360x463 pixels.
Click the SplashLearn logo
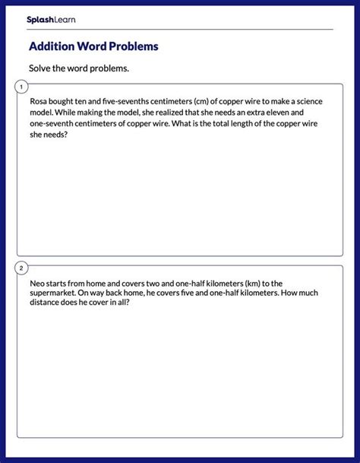pos(51,20)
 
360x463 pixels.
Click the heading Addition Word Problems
pos(93,46)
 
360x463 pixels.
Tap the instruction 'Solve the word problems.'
pos(79,68)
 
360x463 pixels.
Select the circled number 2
pos(21,268)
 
